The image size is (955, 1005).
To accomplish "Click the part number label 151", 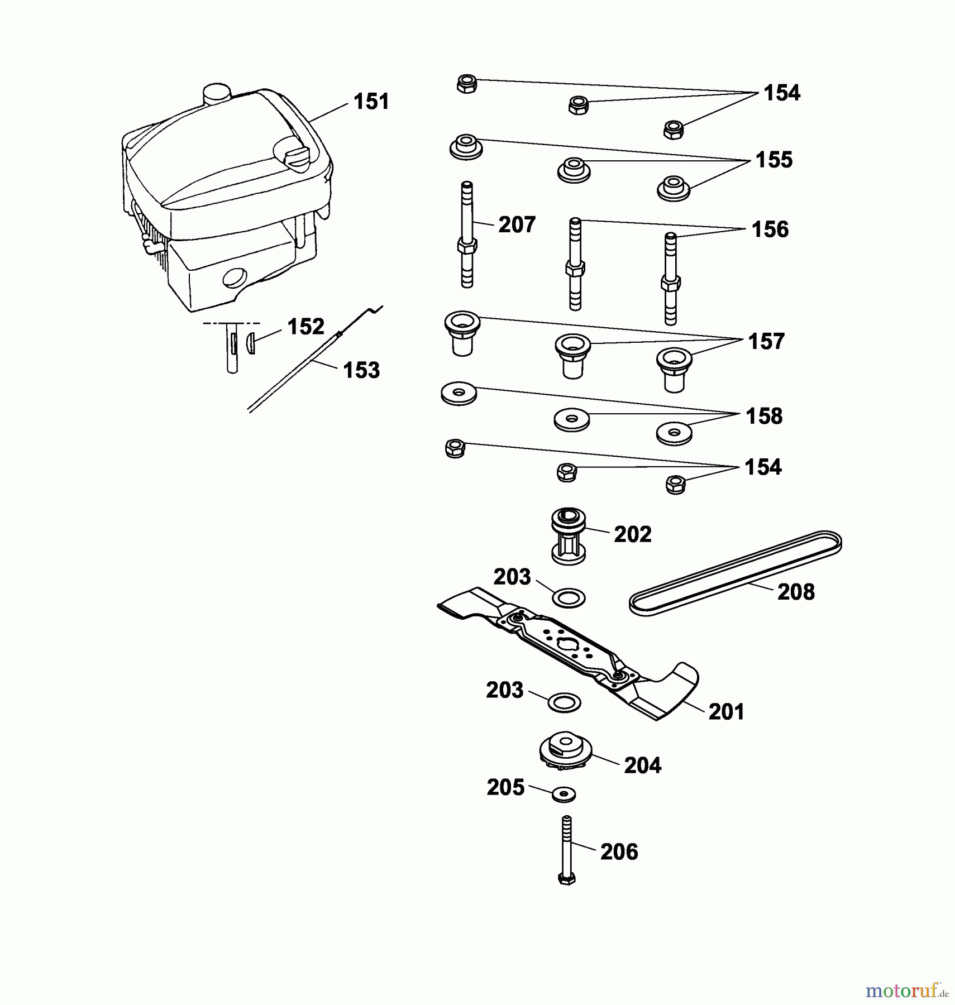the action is [371, 102].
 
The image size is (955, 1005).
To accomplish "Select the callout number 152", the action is [305, 327].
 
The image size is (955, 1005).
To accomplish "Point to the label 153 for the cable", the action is [361, 370].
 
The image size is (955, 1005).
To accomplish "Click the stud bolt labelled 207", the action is [467, 234].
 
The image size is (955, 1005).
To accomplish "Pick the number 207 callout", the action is [517, 225].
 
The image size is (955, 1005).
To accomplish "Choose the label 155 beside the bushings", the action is [774, 160].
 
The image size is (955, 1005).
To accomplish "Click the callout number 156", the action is [770, 229].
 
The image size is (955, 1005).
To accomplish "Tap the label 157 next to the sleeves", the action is [766, 342].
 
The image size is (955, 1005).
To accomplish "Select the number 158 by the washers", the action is [764, 417].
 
